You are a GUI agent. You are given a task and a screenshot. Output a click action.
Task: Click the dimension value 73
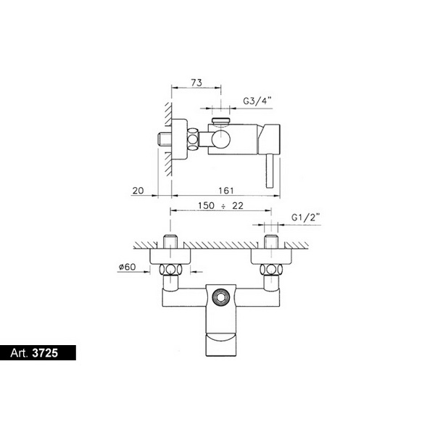click(x=196, y=83)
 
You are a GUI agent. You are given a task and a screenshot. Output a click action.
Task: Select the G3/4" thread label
click(x=257, y=101)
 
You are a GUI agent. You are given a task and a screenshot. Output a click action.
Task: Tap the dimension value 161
click(x=226, y=191)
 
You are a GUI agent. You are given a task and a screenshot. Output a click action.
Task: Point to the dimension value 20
click(x=138, y=191)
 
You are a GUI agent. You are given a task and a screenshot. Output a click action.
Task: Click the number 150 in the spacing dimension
click(x=206, y=206)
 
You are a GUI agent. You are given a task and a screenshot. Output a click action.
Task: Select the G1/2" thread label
click(x=306, y=217)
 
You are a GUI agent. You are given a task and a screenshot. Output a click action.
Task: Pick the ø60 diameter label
click(x=128, y=267)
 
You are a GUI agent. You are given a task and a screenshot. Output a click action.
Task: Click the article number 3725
click(x=45, y=353)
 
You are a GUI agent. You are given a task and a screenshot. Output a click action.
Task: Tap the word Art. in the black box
click(x=19, y=353)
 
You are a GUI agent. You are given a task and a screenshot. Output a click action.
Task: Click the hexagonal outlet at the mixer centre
click(x=221, y=297)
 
